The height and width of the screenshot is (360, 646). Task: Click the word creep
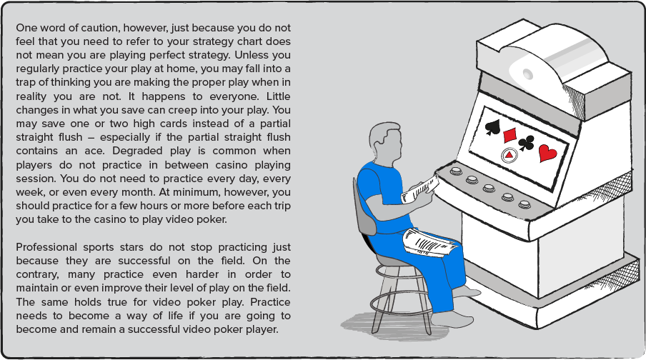point(177,110)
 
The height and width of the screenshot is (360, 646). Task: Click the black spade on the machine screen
point(493,127)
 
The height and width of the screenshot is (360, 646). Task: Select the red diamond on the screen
point(510,134)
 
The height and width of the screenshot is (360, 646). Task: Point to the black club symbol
point(526,143)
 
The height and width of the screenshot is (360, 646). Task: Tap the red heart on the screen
point(547,153)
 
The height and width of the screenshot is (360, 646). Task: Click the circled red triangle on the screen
point(510,155)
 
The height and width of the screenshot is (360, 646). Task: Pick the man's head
point(386,143)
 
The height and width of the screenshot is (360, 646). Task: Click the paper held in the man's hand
point(420,190)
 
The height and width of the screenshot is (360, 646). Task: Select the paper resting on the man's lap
point(430,242)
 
